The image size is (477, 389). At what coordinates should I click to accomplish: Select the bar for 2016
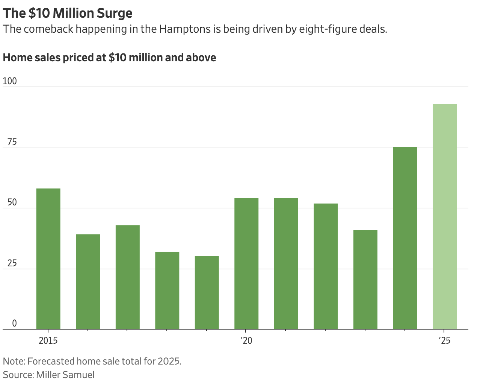click(x=88, y=282)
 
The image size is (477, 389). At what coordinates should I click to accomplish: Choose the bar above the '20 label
click(x=246, y=264)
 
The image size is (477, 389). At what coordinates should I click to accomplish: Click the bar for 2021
click(x=286, y=264)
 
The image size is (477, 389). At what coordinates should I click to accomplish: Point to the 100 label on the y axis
click(x=10, y=81)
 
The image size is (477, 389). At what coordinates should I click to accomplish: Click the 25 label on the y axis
click(x=12, y=263)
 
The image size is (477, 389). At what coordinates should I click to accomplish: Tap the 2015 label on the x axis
click(x=48, y=341)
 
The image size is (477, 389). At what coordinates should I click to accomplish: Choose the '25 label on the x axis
click(x=445, y=341)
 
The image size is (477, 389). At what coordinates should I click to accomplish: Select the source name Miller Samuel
click(x=65, y=375)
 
